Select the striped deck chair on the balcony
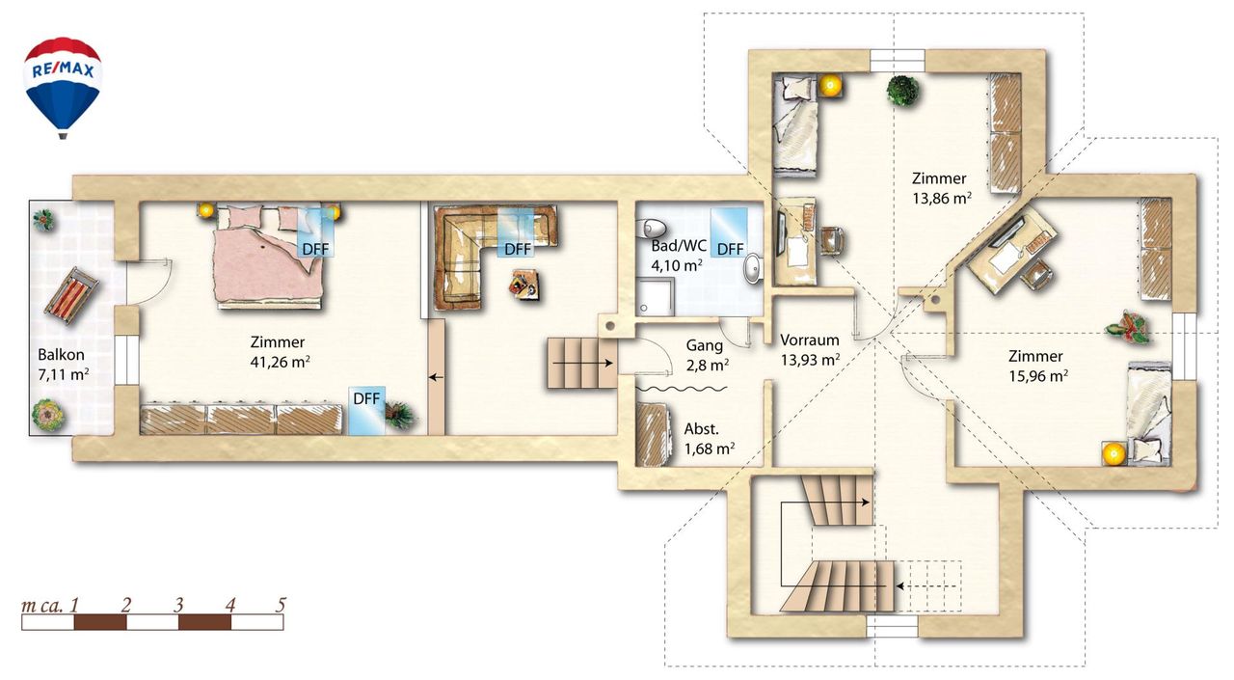tap(71, 295)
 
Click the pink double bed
tap(270, 258)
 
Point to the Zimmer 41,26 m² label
tap(280, 351)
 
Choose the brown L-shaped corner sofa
tap(485, 248)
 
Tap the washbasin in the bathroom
tap(753, 268)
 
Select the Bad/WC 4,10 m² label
tap(678, 256)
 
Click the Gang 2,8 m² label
tap(707, 355)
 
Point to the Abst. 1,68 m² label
tap(709, 439)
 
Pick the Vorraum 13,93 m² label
tap(810, 349)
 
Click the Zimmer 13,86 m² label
tap(941, 188)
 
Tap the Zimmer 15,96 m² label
tap(1038, 366)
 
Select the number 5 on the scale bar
tap(281, 605)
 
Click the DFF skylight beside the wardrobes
tap(366, 411)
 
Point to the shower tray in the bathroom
tap(655, 296)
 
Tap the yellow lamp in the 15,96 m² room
tap(1113, 454)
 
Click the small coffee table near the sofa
tap(523, 285)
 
